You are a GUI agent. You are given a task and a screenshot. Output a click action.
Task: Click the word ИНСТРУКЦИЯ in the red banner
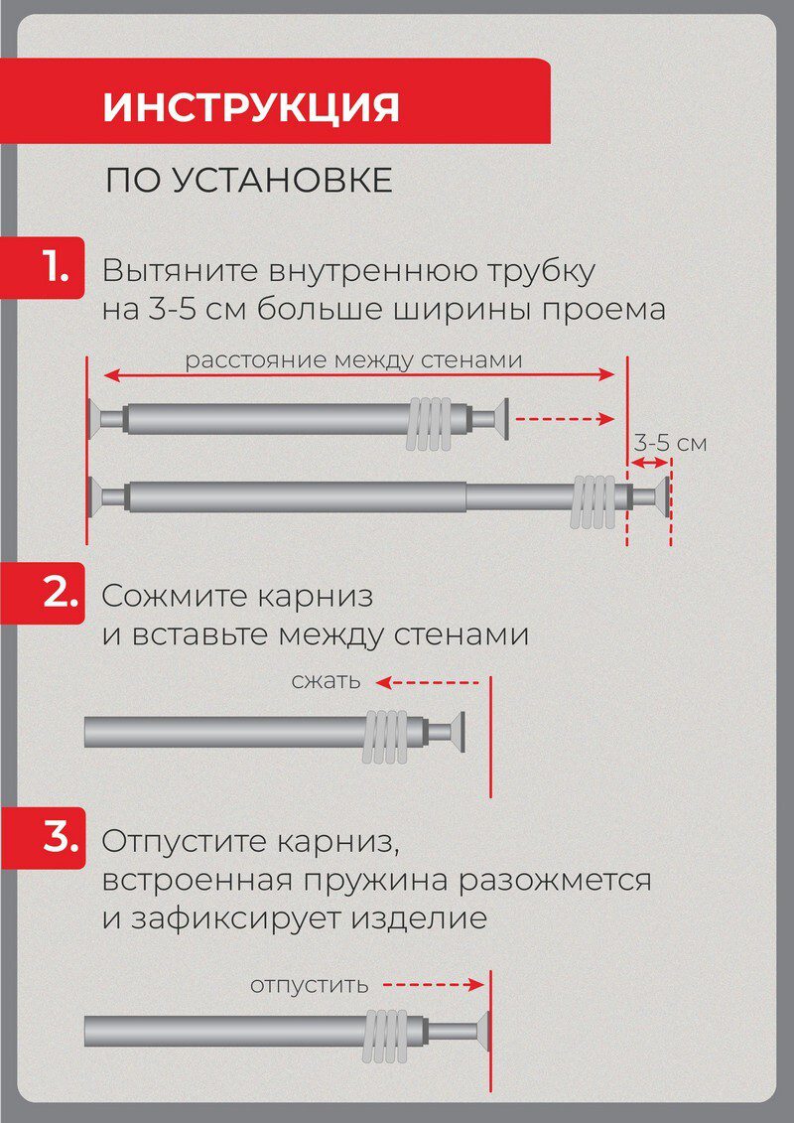click(x=251, y=107)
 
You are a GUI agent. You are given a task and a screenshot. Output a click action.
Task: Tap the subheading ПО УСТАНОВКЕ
click(x=249, y=182)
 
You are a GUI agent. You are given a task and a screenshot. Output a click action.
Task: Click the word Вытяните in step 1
click(x=174, y=270)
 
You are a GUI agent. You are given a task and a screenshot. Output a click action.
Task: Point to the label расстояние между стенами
click(x=353, y=359)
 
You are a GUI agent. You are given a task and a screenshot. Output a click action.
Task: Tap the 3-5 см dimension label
click(x=671, y=443)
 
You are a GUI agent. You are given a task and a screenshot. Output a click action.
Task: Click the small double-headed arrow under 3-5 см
click(x=650, y=463)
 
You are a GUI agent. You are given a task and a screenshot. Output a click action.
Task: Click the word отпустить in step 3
click(x=309, y=985)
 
